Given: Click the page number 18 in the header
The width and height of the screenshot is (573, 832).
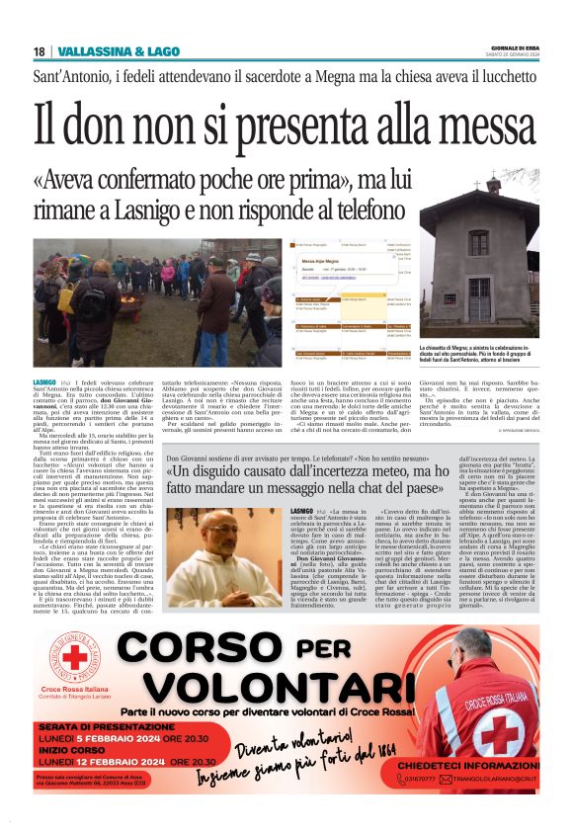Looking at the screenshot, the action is tap(39, 51).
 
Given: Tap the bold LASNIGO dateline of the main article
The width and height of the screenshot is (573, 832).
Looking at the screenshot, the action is tap(44, 380).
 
